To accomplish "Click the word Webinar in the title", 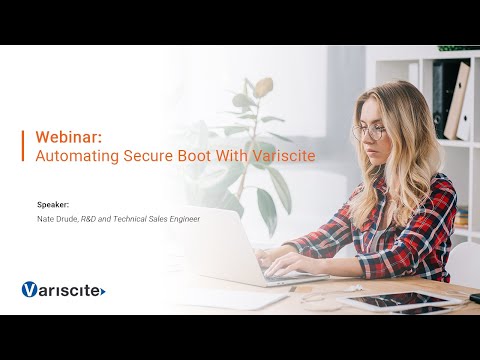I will point(63,136).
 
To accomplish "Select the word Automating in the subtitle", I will point(70,155).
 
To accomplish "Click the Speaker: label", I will point(53,204).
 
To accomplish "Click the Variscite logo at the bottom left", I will point(63,290).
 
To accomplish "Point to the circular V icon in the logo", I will point(30,290).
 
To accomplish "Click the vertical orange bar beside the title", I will point(23,145).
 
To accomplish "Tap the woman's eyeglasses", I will point(369,132).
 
